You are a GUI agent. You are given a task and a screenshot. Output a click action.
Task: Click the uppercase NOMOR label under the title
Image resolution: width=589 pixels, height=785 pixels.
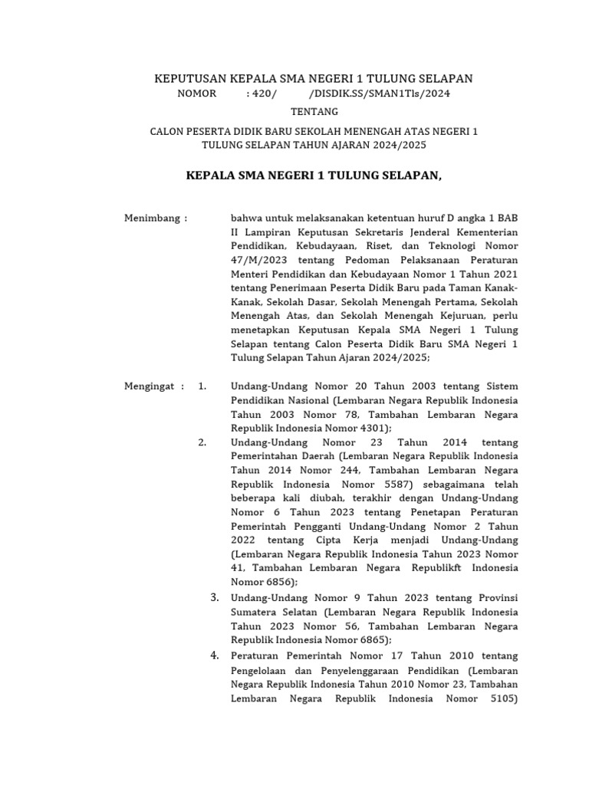point(196,94)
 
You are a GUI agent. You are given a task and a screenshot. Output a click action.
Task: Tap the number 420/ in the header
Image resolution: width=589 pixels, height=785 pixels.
point(261,94)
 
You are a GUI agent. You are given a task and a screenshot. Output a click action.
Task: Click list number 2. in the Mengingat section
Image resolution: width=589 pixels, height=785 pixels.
point(202,442)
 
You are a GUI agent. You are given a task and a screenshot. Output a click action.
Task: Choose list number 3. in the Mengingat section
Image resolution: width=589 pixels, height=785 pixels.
point(216,598)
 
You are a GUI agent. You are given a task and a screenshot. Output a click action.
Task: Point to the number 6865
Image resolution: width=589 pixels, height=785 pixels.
point(370,639)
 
